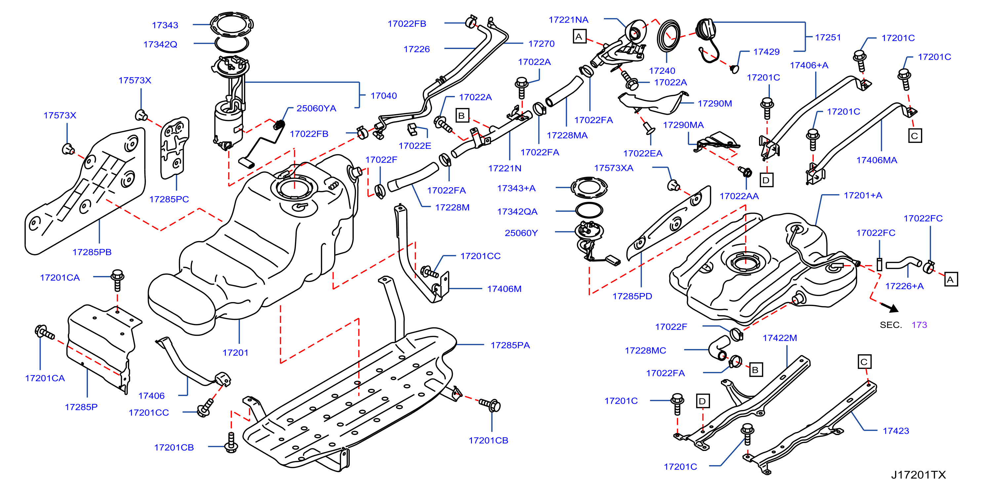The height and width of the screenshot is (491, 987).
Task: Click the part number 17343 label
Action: pyautogui.click(x=165, y=25)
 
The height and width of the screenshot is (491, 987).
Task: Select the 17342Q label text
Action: pyautogui.click(x=160, y=44)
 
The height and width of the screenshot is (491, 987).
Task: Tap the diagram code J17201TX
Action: pyautogui.click(x=919, y=475)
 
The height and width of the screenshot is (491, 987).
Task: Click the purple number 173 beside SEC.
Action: pyautogui.click(x=919, y=325)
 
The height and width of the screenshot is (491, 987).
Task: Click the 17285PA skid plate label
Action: pyautogui.click(x=510, y=345)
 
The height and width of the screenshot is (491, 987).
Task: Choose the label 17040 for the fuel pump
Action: pyautogui.click(x=383, y=96)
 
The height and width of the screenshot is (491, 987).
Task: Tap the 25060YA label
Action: pyautogui.click(x=316, y=109)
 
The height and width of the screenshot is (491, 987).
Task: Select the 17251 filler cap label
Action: pyautogui.click(x=828, y=38)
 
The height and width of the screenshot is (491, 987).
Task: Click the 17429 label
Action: pyautogui.click(x=766, y=52)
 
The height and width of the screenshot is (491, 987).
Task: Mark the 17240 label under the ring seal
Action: pyautogui.click(x=662, y=71)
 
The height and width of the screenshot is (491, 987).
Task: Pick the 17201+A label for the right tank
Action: pyautogui.click(x=863, y=196)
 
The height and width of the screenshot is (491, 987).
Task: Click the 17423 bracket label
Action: pyautogui.click(x=896, y=431)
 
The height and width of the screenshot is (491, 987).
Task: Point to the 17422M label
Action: pyautogui.click(x=780, y=338)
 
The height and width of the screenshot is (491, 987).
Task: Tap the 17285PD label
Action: pyautogui.click(x=632, y=296)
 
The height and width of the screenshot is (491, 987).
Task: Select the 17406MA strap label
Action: pyautogui.click(x=877, y=160)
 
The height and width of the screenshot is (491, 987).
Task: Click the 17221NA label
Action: pyautogui.click(x=569, y=20)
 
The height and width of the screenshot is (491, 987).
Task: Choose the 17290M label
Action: pyautogui.click(x=715, y=104)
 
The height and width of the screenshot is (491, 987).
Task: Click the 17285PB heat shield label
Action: pyautogui.click(x=92, y=252)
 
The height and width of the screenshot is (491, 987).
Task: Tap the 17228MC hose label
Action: pyautogui.click(x=646, y=351)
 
